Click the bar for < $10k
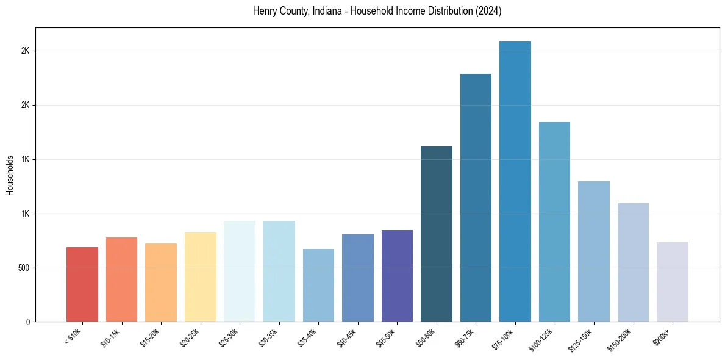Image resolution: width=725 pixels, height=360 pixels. coord(82,284)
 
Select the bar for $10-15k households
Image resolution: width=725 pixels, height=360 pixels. coord(121,279)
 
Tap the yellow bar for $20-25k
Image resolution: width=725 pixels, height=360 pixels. coord(201,277)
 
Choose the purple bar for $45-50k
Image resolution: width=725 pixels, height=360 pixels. coord(397,276)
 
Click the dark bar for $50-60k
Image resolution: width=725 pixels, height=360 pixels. coord(437,234)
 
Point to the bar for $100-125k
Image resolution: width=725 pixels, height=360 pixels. coord(554,222)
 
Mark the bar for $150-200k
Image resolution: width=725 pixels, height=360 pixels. coord(633,262)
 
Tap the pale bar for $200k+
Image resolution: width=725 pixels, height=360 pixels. coord(673,282)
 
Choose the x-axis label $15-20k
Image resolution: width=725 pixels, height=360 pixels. coord(151,337)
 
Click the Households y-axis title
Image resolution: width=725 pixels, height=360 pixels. coord(10,175)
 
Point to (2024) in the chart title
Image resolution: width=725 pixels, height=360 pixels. coord(490,12)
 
